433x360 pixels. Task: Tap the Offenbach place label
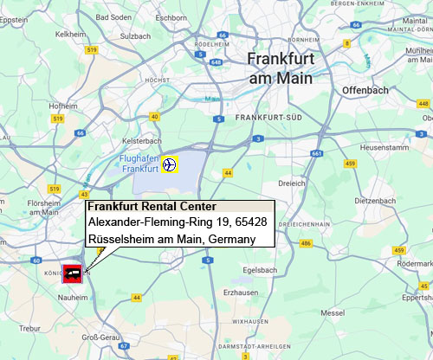[x=366, y=89]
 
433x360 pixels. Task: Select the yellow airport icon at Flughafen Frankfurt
[x=170, y=164]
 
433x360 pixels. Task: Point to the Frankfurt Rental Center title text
[x=152, y=207]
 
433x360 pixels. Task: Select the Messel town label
[x=333, y=312]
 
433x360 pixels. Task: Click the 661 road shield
[x=317, y=153]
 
